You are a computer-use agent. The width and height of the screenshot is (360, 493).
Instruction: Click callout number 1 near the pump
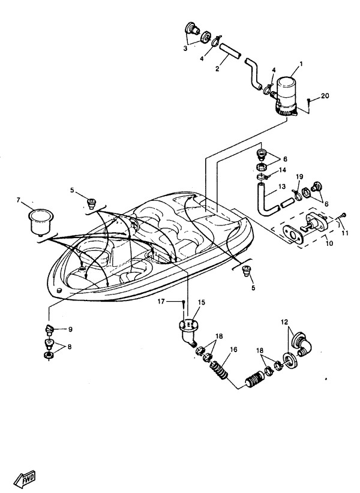coord(301,64)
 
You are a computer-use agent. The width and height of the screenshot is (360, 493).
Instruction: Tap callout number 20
coord(325,96)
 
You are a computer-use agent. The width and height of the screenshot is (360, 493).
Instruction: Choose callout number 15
coord(202,302)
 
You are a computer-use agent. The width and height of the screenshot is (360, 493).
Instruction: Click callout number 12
coord(284,323)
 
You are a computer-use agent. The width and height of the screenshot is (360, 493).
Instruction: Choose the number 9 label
coord(70,329)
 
